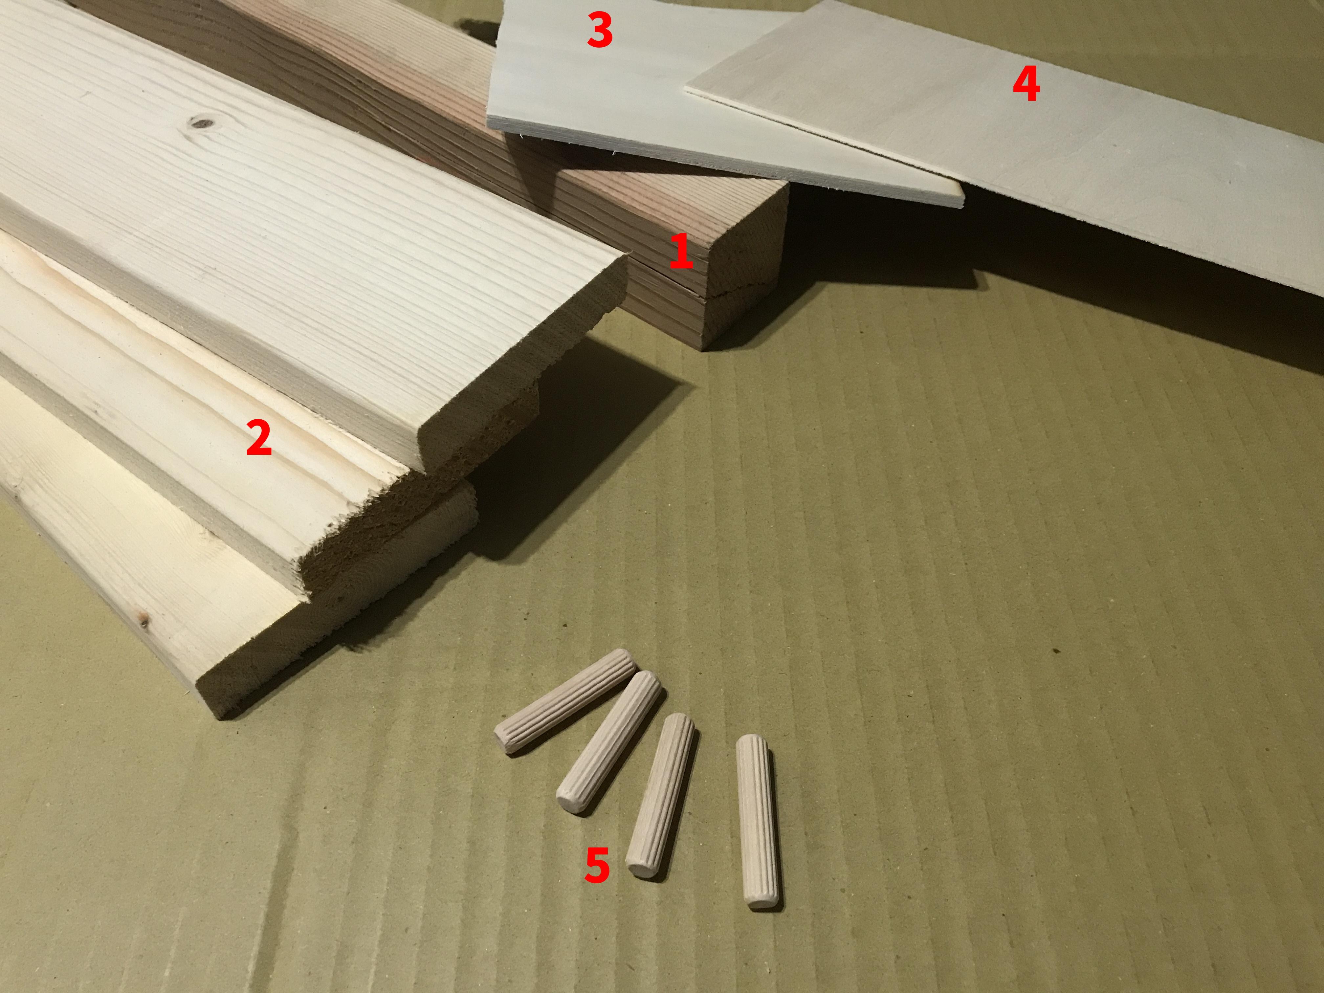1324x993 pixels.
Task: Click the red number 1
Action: point(681,253)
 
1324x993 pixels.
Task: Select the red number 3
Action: point(599,32)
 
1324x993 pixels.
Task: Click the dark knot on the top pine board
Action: point(202,124)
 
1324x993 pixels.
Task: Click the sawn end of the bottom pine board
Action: point(335,647)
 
